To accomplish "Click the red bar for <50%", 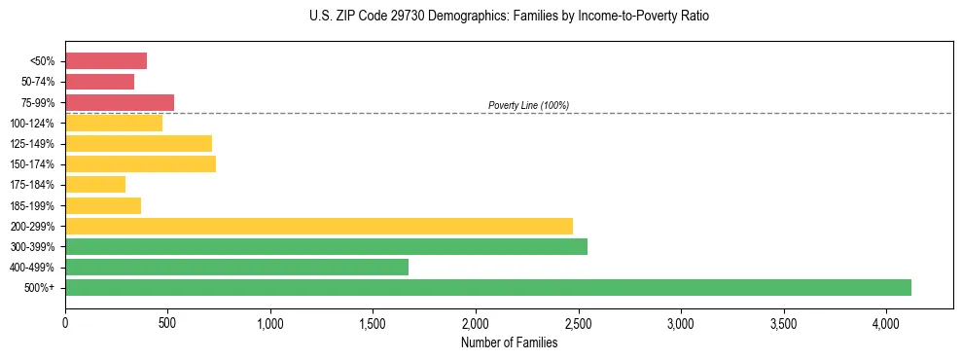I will point(106,61).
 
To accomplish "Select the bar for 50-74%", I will point(99,82).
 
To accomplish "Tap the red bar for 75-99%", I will point(120,102).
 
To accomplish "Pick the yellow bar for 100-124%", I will point(114,123).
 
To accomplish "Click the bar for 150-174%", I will point(140,163).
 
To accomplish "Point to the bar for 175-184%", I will point(95,184).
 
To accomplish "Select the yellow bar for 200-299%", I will point(319,226).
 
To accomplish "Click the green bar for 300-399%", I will point(326,246).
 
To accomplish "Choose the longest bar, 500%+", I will point(488,287).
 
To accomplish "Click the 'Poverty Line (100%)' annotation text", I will point(528,105).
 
